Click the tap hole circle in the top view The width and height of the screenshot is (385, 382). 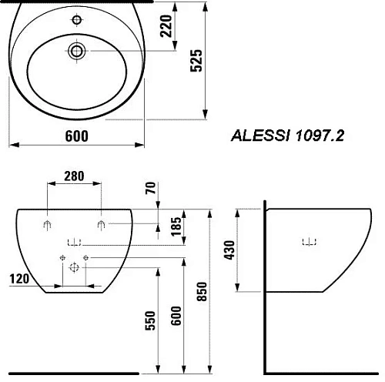click(x=76, y=51)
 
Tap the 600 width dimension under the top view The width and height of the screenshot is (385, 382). click(x=74, y=136)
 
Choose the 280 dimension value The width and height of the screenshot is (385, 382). click(x=74, y=176)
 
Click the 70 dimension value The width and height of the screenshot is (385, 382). click(x=150, y=188)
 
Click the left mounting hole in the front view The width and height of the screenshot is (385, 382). click(x=48, y=225)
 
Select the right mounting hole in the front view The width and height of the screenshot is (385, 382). click(x=102, y=225)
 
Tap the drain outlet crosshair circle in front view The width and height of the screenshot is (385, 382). click(x=75, y=268)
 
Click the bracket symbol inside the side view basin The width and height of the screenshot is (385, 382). click(x=308, y=243)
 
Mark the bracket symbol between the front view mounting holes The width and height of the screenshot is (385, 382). click(x=75, y=242)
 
